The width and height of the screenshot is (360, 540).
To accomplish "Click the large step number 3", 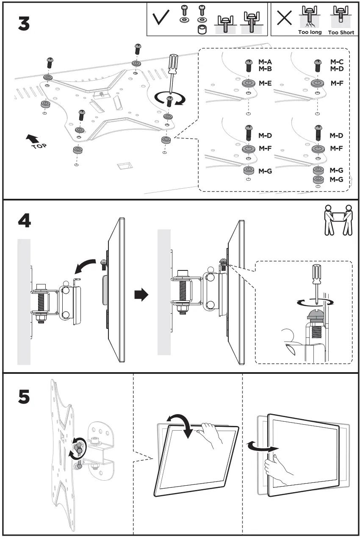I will (24, 24).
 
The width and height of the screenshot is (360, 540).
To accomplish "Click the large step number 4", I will (24, 221).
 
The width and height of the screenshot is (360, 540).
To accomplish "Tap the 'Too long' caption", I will (310, 32).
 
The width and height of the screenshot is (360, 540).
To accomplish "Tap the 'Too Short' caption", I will (341, 32).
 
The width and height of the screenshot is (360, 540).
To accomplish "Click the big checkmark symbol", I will (161, 17).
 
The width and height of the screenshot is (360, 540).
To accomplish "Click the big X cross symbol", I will (284, 17).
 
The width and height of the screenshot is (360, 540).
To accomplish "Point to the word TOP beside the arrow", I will (39, 146).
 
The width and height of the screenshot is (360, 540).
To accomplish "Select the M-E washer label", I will (265, 83).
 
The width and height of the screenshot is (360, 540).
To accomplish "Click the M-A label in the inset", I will (265, 62).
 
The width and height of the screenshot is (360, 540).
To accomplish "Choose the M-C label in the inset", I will (337, 62).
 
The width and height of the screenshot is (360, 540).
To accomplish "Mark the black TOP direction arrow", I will (32, 139).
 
